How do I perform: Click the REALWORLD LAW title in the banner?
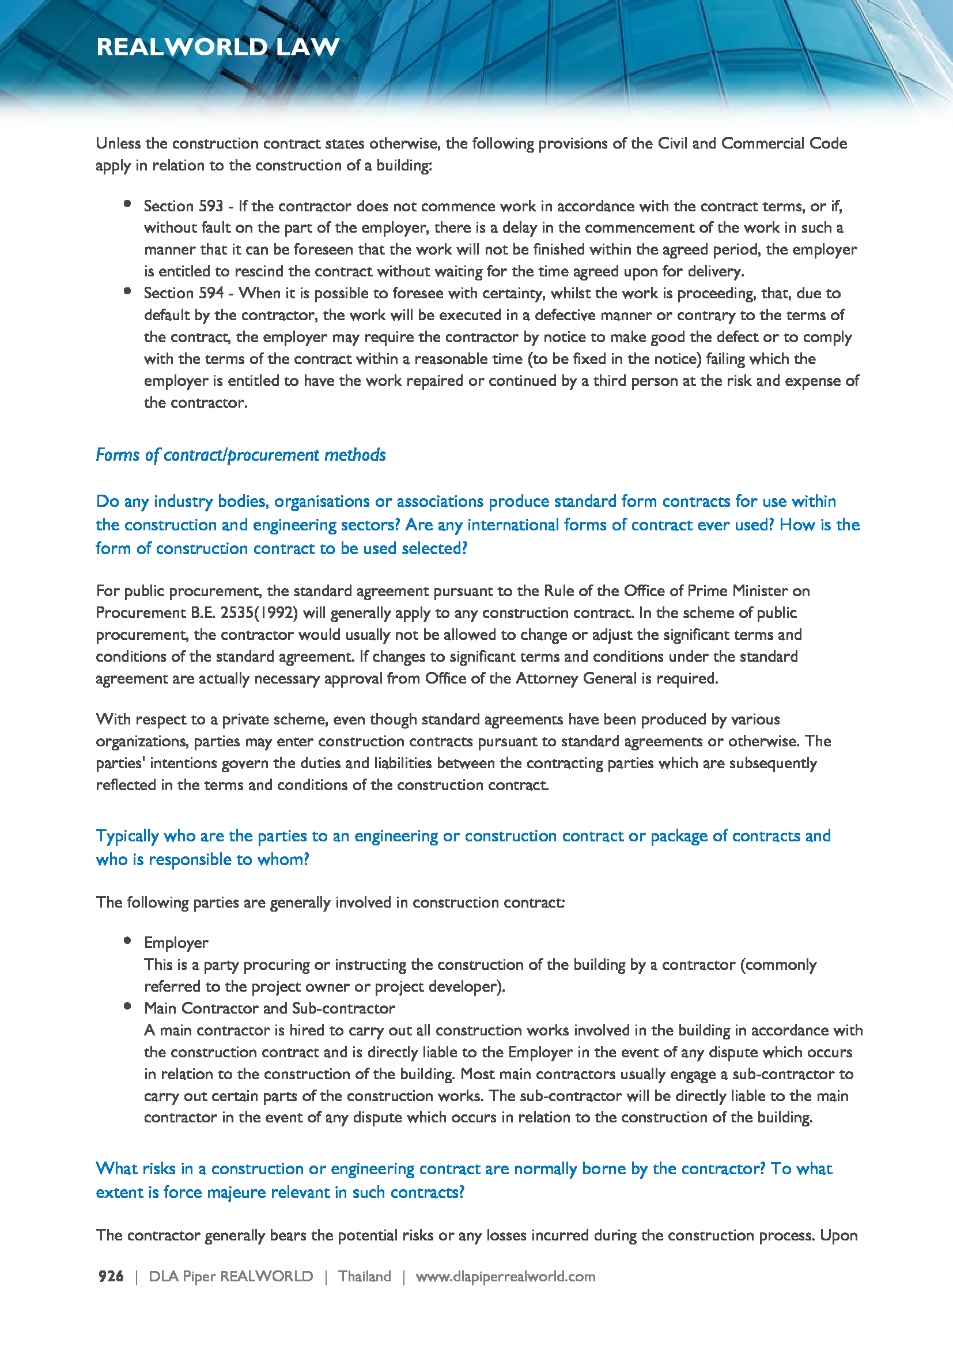click(x=218, y=47)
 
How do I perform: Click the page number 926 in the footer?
click(x=111, y=1276)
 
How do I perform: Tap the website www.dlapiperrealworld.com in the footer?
click(x=505, y=1276)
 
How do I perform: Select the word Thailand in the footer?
click(x=364, y=1276)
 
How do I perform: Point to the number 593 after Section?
click(x=211, y=206)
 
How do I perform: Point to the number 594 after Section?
click(x=211, y=293)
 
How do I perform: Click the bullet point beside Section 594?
click(x=127, y=291)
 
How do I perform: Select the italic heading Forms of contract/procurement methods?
click(x=241, y=455)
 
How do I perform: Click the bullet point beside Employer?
click(x=127, y=940)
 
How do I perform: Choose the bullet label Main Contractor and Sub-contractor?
click(x=269, y=1008)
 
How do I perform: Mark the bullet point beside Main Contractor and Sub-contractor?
click(x=127, y=1006)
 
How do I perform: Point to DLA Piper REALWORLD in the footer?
click(x=230, y=1276)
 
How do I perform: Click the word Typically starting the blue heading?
click(x=127, y=836)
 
